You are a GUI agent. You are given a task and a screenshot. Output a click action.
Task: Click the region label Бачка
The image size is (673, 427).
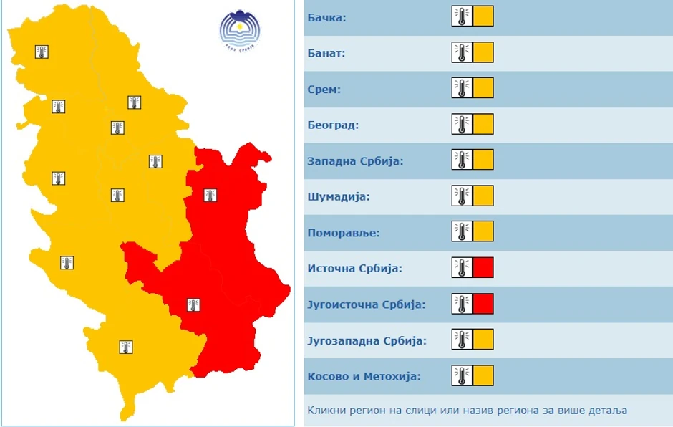[x=326, y=17]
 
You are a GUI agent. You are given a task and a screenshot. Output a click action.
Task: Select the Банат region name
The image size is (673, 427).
[x=326, y=53]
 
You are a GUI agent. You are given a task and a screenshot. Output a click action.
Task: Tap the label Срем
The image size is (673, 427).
[x=324, y=89]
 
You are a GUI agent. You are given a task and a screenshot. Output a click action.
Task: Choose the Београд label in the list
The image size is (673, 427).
[x=332, y=125]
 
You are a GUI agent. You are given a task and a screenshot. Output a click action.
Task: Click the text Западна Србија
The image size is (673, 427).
[x=355, y=160]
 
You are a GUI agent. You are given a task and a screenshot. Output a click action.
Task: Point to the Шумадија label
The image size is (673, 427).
[x=338, y=196]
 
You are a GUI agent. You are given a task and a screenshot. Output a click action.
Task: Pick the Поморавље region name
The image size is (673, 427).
[x=343, y=232]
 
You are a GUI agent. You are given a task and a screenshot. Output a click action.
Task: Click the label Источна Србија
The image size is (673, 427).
[x=354, y=268]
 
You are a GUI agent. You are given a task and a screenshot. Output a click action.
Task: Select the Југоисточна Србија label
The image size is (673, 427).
[x=366, y=304]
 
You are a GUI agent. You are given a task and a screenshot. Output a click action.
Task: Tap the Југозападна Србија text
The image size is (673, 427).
[x=367, y=340]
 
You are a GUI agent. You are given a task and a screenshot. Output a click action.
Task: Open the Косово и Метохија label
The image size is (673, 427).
[x=363, y=375]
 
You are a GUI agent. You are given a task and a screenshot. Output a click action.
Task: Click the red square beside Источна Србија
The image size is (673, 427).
[x=483, y=268]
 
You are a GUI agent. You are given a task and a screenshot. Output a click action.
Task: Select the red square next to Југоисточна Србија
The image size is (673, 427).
[x=483, y=304]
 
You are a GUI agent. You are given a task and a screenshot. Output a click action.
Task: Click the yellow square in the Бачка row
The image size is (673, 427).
[x=483, y=16]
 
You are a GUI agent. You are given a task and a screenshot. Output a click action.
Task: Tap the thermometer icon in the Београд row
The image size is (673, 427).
[x=462, y=125]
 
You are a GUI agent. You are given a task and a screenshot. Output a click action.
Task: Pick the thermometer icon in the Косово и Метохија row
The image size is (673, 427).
[x=462, y=375]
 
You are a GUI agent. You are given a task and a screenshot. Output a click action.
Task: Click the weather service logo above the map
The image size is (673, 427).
[x=240, y=31]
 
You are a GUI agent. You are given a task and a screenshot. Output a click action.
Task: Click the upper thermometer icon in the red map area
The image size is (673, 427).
[x=210, y=195]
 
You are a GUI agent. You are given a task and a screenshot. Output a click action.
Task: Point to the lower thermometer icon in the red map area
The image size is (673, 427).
[x=193, y=305]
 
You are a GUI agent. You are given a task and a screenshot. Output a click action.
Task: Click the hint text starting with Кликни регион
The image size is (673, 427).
[x=467, y=411]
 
